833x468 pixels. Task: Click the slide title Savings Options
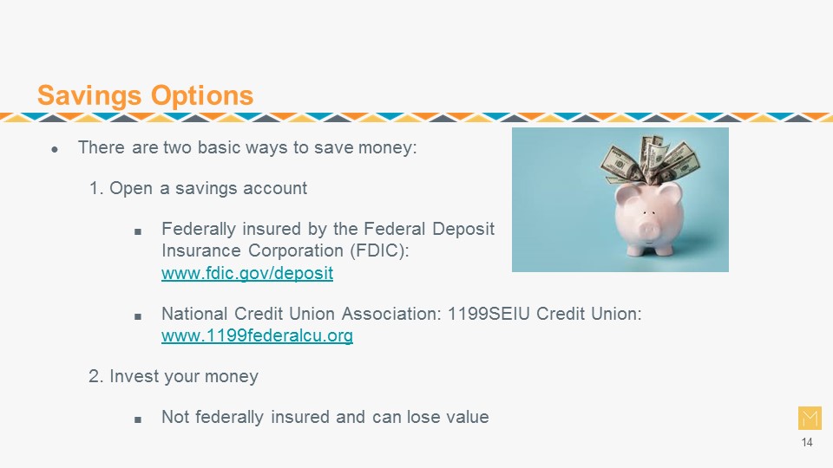click(145, 95)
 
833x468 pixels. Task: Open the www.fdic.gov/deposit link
click(247, 273)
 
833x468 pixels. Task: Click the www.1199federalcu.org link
click(257, 335)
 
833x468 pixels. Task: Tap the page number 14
click(807, 442)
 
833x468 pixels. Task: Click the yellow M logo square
click(810, 418)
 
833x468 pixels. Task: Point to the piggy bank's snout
click(647, 231)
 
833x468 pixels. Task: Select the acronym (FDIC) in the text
click(379, 250)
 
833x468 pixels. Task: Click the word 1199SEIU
click(489, 314)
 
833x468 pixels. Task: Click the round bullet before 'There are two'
click(55, 150)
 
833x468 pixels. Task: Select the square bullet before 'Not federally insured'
click(138, 419)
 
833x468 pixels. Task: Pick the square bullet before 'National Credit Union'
click(138, 317)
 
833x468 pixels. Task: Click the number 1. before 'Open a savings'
click(95, 188)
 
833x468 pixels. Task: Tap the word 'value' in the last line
click(468, 417)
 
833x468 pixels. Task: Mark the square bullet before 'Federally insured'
click(138, 232)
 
